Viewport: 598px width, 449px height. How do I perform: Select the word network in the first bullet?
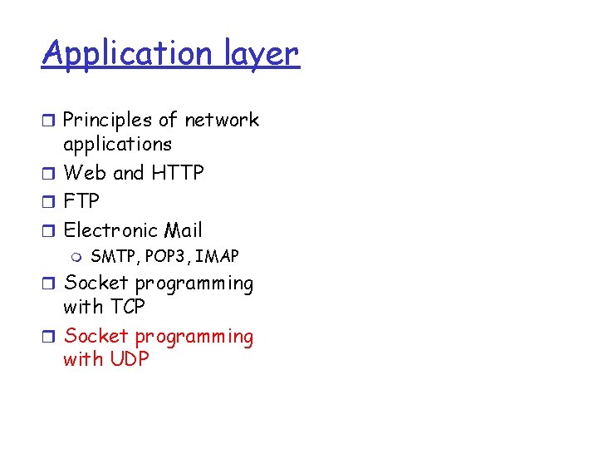click(x=222, y=121)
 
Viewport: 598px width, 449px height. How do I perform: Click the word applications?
click(x=117, y=145)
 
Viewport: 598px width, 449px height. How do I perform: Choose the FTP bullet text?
click(x=81, y=202)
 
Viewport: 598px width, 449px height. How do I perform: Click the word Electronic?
click(x=110, y=230)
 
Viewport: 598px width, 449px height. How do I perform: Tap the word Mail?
click(x=183, y=230)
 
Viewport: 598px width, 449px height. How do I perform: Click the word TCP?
click(x=127, y=307)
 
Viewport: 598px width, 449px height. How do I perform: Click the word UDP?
click(x=129, y=360)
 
